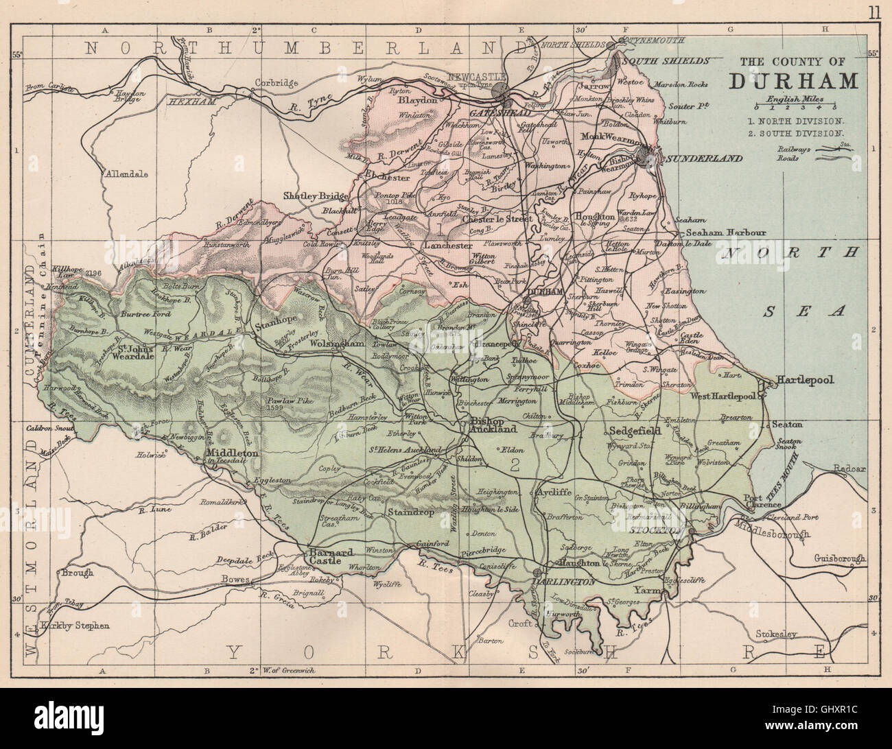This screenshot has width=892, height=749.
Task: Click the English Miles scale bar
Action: [x=796, y=107]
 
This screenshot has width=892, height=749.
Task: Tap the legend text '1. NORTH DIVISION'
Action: [x=797, y=121]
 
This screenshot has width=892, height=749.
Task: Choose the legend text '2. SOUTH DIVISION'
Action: [x=797, y=134]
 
